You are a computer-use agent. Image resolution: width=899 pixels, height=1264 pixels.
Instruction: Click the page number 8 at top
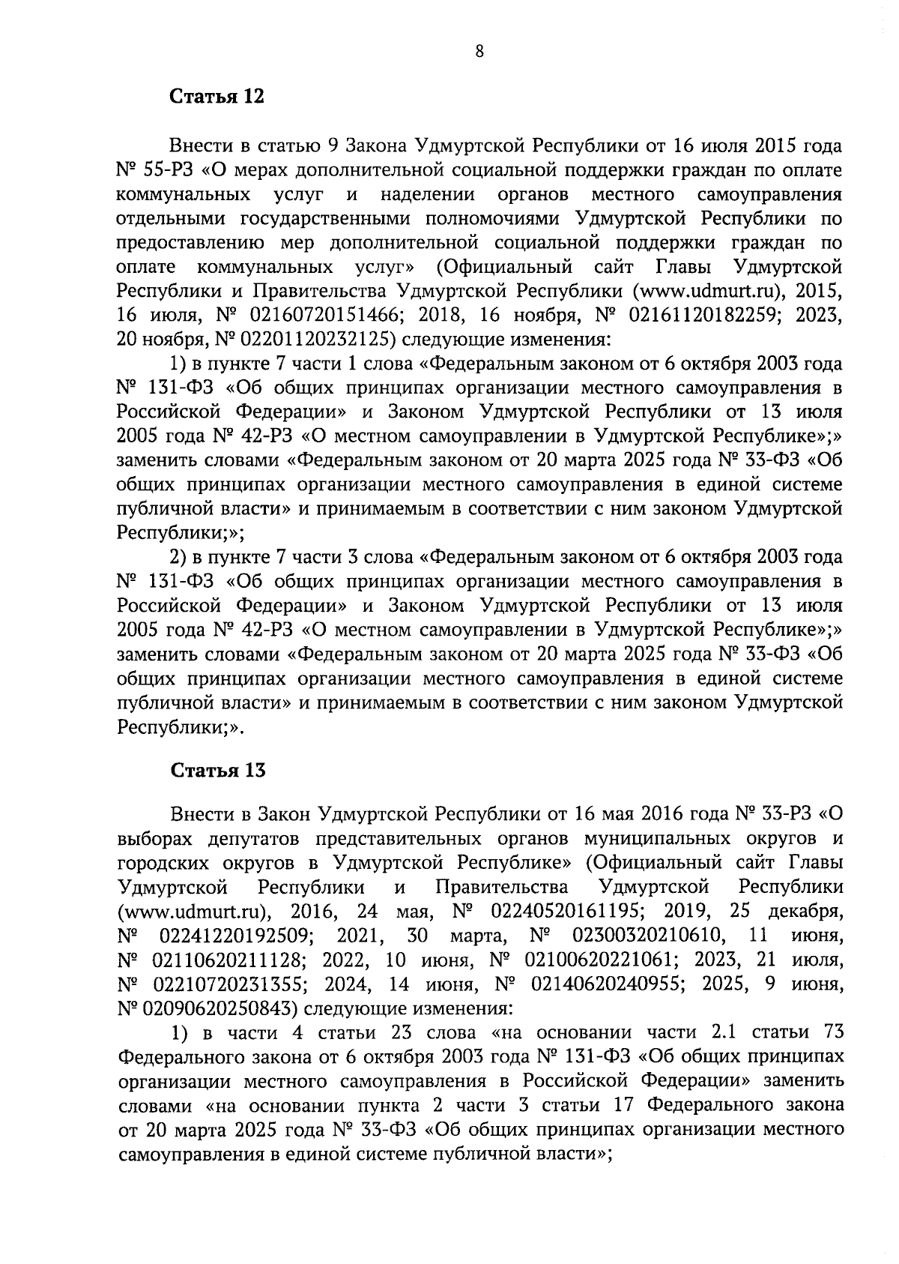tap(479, 51)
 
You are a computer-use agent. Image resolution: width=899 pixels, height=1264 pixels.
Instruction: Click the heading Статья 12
tap(217, 97)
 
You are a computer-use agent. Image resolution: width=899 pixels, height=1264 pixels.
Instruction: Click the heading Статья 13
tap(218, 771)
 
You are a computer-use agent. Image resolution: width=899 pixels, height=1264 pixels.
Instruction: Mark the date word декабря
tap(806, 912)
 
